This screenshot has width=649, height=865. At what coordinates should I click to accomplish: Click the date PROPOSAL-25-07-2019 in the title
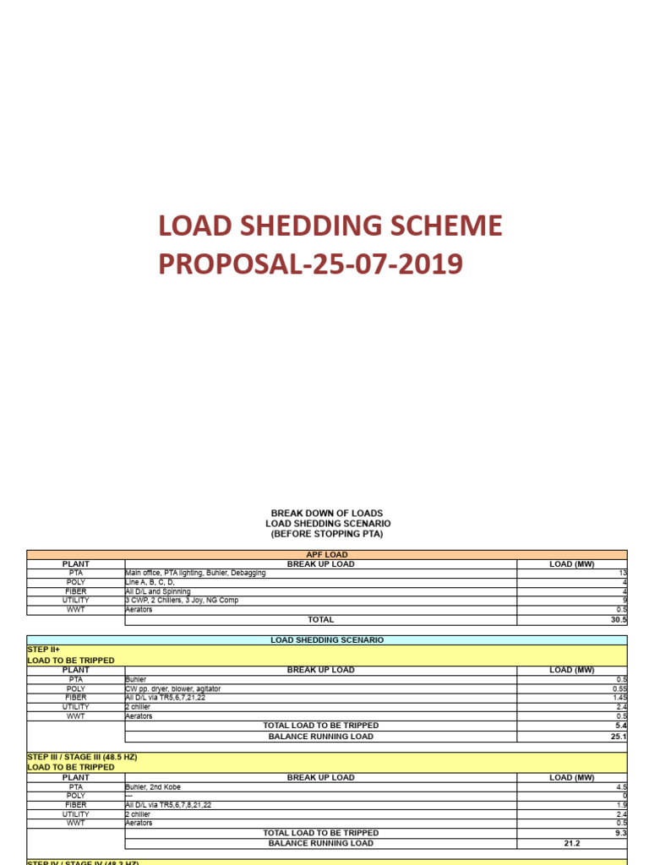click(310, 264)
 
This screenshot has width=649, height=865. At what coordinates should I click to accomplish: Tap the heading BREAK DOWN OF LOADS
click(326, 513)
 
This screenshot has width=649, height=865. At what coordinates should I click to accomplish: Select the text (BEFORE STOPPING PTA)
click(326, 534)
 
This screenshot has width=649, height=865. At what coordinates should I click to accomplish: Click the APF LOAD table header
click(326, 555)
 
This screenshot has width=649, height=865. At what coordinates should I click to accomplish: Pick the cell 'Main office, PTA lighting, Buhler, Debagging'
click(195, 573)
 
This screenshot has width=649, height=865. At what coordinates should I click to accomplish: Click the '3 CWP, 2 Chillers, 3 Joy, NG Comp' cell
click(181, 601)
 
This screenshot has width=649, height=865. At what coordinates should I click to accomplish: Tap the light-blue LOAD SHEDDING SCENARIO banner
click(326, 639)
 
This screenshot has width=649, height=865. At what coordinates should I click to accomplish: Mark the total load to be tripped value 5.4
click(620, 726)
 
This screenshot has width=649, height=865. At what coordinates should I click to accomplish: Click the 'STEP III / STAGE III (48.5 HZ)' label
click(82, 757)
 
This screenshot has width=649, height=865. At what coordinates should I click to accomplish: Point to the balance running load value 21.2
click(572, 843)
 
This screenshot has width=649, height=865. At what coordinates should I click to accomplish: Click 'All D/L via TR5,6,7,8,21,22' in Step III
click(168, 805)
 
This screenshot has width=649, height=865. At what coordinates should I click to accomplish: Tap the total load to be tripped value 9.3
click(620, 833)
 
